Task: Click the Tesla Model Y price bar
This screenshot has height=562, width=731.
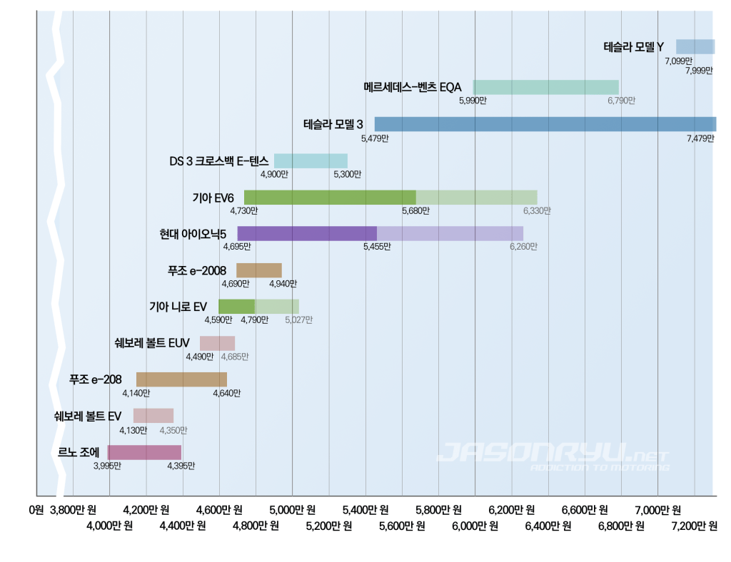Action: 695,47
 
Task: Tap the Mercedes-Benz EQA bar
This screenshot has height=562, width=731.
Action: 545,87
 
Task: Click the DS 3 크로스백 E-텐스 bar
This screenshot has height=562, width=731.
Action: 311,160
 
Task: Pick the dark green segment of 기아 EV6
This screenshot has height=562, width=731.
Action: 330,198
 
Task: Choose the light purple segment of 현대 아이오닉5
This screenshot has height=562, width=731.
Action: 450,233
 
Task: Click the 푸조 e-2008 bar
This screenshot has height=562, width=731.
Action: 259,270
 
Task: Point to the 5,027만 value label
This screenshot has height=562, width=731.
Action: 298,320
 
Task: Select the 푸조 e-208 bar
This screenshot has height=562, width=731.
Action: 181,379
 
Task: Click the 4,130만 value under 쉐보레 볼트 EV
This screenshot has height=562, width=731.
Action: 133,431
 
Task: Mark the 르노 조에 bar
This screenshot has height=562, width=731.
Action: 144,452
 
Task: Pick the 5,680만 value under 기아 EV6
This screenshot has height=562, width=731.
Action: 415,211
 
